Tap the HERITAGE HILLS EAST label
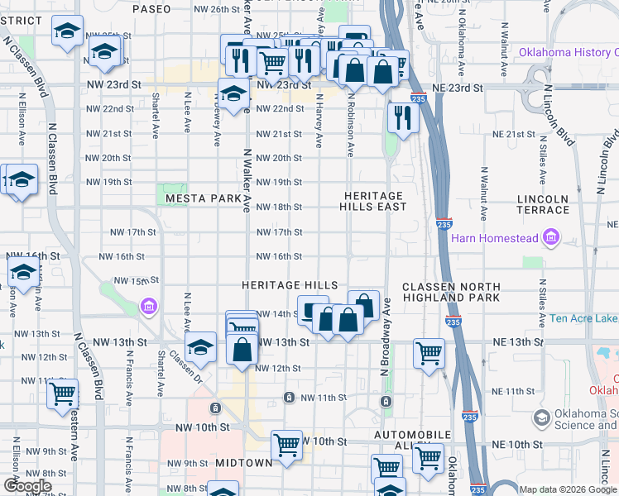tap(374, 201)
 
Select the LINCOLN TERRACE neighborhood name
tap(543, 204)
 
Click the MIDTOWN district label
tap(244, 463)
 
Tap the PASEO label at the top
tap(151, 8)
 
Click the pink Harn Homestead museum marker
tap(551, 240)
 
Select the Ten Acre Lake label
tap(583, 318)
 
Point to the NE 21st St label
tap(515, 134)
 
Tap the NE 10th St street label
tap(515, 445)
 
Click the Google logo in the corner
tap(27, 486)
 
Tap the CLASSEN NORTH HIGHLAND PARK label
tap(450, 291)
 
